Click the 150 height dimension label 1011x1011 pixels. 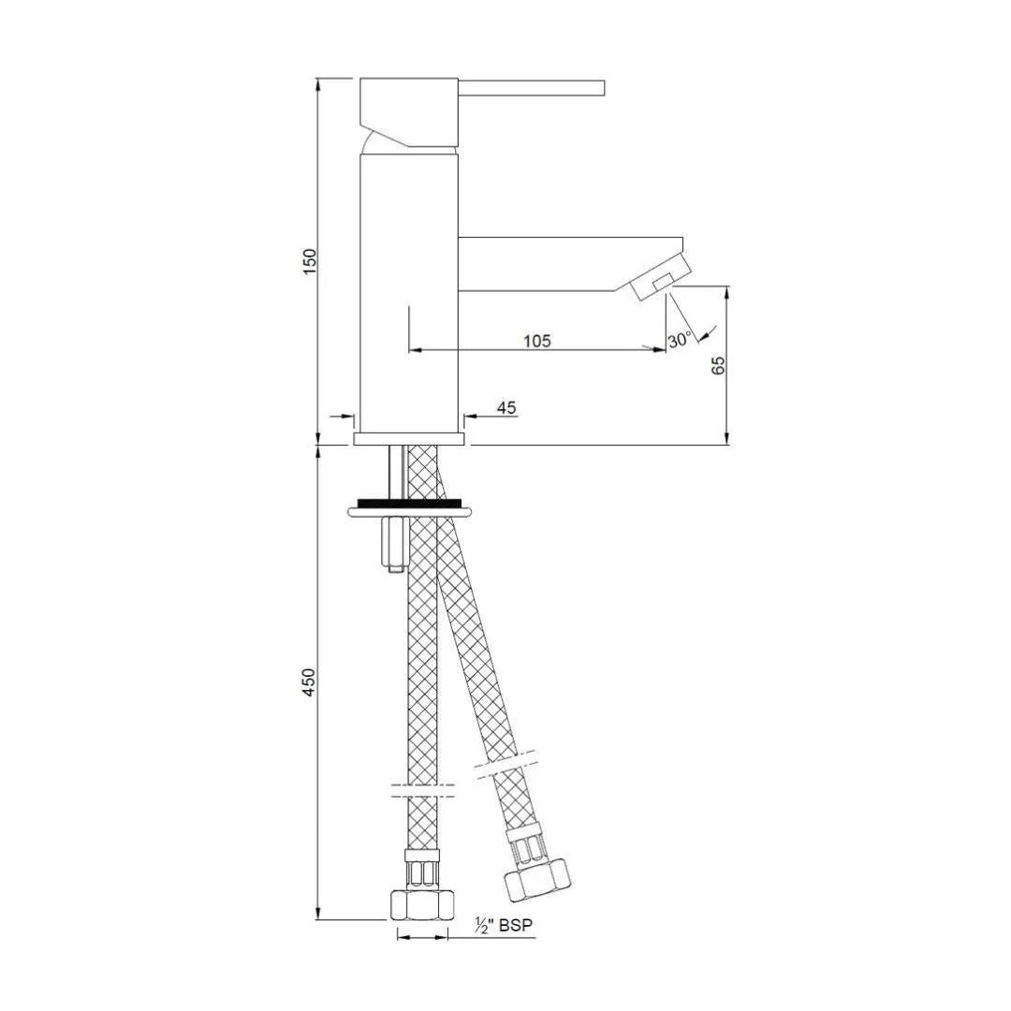pos(311,261)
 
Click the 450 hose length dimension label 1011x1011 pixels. pos(311,681)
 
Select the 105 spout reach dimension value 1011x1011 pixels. pos(536,341)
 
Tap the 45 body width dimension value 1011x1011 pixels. pos(506,407)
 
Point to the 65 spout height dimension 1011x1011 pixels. pos(719,365)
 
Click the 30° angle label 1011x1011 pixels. pos(680,340)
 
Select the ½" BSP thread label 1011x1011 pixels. pos(504,926)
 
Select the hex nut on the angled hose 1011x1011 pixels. pos(535,877)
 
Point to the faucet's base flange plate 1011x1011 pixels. pos(409,438)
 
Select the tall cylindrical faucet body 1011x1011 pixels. pos(409,290)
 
